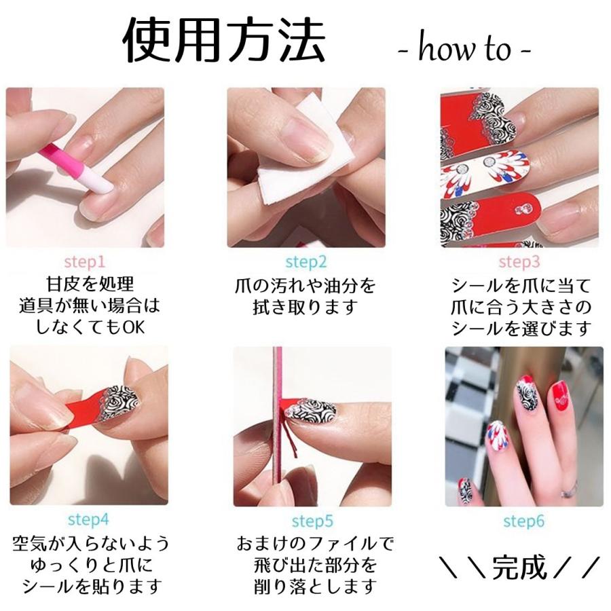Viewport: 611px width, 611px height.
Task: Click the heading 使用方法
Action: (x=223, y=41)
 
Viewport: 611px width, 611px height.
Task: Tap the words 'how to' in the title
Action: (x=464, y=49)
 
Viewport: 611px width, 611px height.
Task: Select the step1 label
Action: (x=84, y=261)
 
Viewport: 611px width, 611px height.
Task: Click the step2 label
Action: (x=305, y=261)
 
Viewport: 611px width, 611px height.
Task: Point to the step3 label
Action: (x=519, y=261)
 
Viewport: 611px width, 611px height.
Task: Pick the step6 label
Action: (x=523, y=521)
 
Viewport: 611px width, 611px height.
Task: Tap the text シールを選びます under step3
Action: (x=521, y=328)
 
